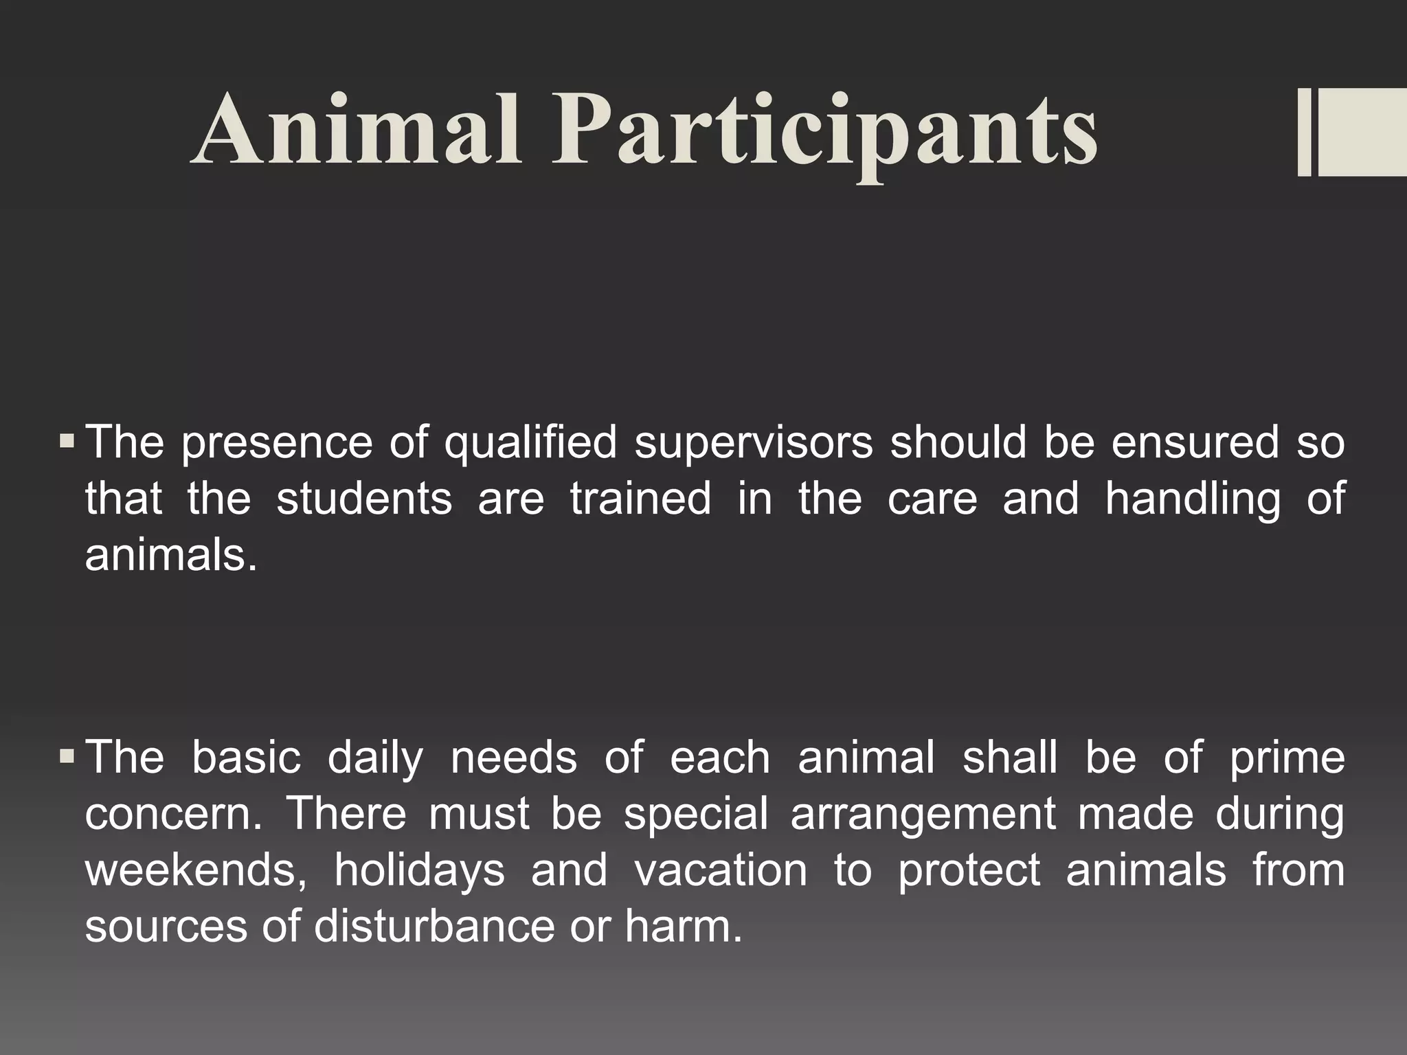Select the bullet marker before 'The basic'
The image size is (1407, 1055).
(67, 756)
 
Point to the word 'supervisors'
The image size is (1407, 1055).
(754, 442)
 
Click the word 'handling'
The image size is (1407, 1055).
(1193, 499)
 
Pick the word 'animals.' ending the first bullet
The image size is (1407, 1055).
(172, 554)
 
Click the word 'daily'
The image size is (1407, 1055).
(375, 758)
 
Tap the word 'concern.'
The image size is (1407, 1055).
(174, 814)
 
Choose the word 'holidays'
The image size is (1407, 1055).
(419, 871)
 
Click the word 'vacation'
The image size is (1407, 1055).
(721, 870)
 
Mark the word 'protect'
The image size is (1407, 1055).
(969, 871)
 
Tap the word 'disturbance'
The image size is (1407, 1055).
(434, 926)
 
